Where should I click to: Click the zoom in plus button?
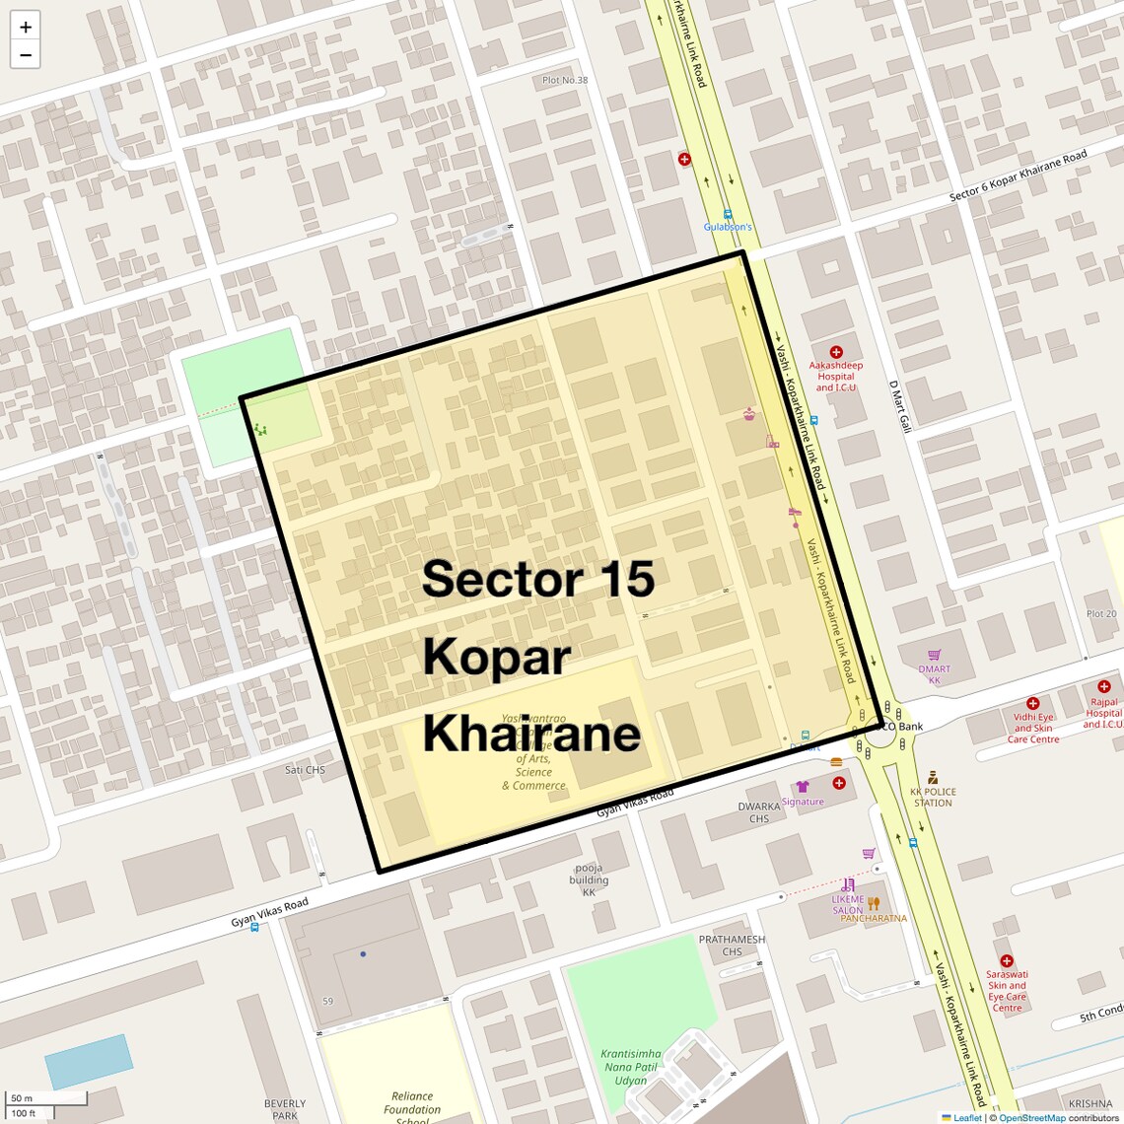pyautogui.click(x=26, y=27)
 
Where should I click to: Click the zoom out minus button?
pyautogui.click(x=26, y=55)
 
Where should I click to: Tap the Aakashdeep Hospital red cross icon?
pyautogui.click(x=836, y=352)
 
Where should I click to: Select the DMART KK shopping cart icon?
pyautogui.click(x=934, y=655)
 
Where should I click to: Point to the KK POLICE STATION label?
pyautogui.click(x=932, y=797)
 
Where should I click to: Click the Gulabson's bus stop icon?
pyautogui.click(x=728, y=214)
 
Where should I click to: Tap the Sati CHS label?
pyautogui.click(x=305, y=770)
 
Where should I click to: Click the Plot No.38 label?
pyautogui.click(x=565, y=80)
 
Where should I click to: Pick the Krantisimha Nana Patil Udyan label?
pyautogui.click(x=631, y=1067)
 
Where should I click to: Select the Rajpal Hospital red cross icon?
pyautogui.click(x=1103, y=686)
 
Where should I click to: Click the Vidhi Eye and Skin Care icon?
pyautogui.click(x=1032, y=704)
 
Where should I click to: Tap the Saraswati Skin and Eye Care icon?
pyautogui.click(x=1006, y=960)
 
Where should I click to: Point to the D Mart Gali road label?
pyautogui.click(x=899, y=407)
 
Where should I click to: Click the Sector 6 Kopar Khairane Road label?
pyautogui.click(x=1018, y=176)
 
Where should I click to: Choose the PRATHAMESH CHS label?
pyautogui.click(x=732, y=946)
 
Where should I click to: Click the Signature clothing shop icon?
pyautogui.click(x=803, y=787)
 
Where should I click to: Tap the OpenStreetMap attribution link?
pyautogui.click(x=1032, y=1118)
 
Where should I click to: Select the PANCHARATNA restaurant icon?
pyautogui.click(x=873, y=904)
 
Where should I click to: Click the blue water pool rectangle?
pyautogui.click(x=89, y=1061)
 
